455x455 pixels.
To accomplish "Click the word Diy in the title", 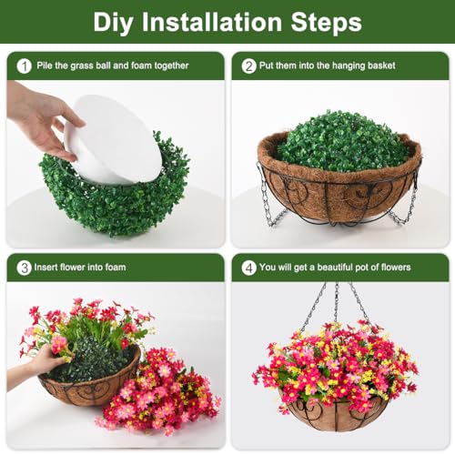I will coord(118,22).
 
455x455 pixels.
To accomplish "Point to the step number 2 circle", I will coord(248,66).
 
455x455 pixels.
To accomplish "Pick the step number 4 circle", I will coord(248,267).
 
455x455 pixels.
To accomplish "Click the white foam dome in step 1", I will coord(114,141).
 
